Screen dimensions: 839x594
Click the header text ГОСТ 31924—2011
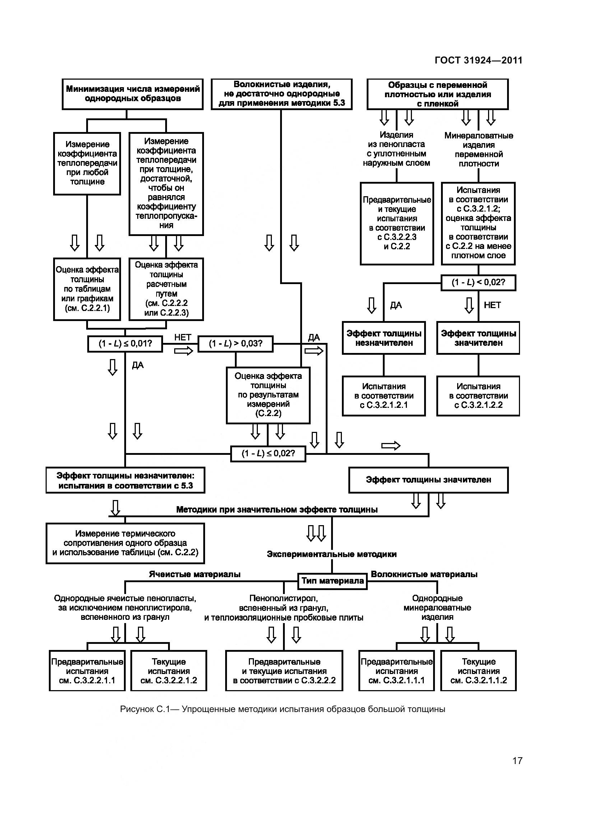(478, 60)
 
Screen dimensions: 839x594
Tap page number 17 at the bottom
(517, 761)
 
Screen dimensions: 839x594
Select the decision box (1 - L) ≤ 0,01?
(125, 344)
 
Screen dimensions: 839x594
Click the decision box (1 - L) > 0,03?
(236, 344)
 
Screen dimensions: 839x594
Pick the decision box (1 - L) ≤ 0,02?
(268, 454)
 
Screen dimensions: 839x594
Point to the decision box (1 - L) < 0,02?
(478, 282)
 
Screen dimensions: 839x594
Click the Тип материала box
(333, 581)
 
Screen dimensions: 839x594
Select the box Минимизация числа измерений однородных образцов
(133, 94)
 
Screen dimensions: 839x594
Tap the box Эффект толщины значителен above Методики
(428, 480)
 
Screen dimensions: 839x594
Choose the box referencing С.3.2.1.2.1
(384, 396)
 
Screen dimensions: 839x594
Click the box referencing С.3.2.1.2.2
(478, 396)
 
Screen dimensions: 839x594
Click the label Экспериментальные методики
(332, 554)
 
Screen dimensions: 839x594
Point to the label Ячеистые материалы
(195, 574)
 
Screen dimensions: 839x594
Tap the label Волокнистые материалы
(424, 574)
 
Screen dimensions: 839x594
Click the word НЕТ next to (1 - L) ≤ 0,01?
(182, 337)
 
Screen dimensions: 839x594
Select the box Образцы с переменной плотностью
(437, 94)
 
